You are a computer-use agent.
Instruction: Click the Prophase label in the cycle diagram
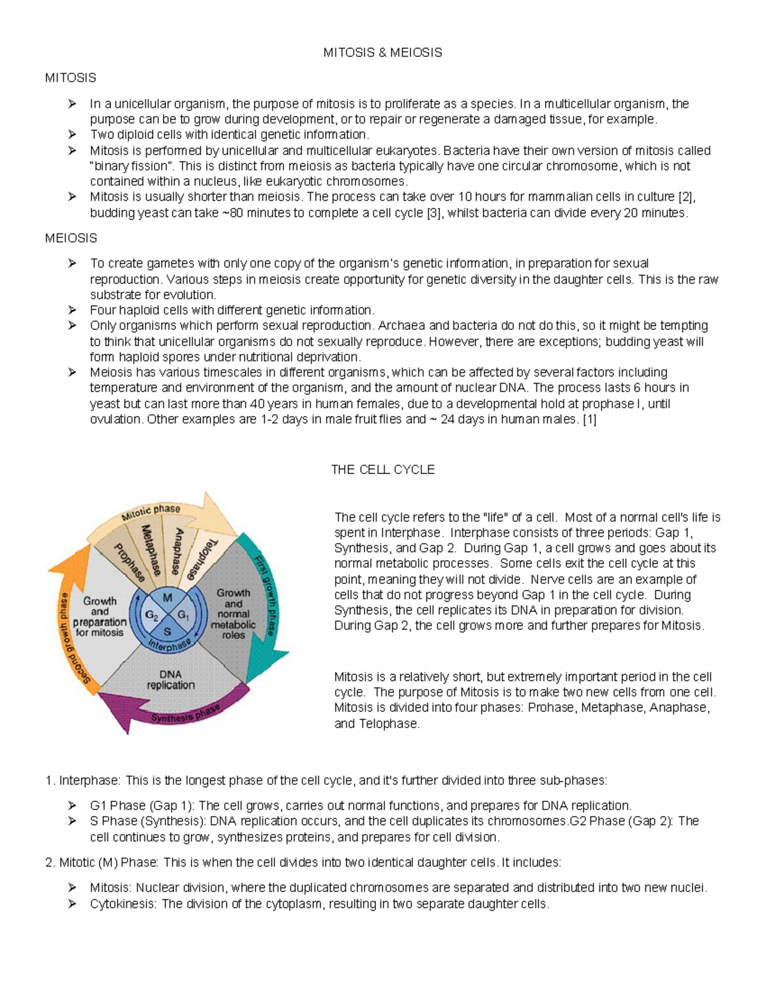point(128,562)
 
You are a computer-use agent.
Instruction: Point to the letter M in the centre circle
point(167,598)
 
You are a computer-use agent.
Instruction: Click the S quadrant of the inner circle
point(167,631)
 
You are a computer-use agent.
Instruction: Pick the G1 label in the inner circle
point(183,615)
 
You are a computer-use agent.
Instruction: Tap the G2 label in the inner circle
point(152,615)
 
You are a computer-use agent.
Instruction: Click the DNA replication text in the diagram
point(170,680)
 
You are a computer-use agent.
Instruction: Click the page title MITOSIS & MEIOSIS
point(382,52)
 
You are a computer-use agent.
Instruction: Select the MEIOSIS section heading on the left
point(71,238)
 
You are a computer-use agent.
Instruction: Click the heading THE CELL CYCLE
point(382,470)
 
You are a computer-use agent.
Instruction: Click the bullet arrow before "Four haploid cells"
point(72,310)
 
